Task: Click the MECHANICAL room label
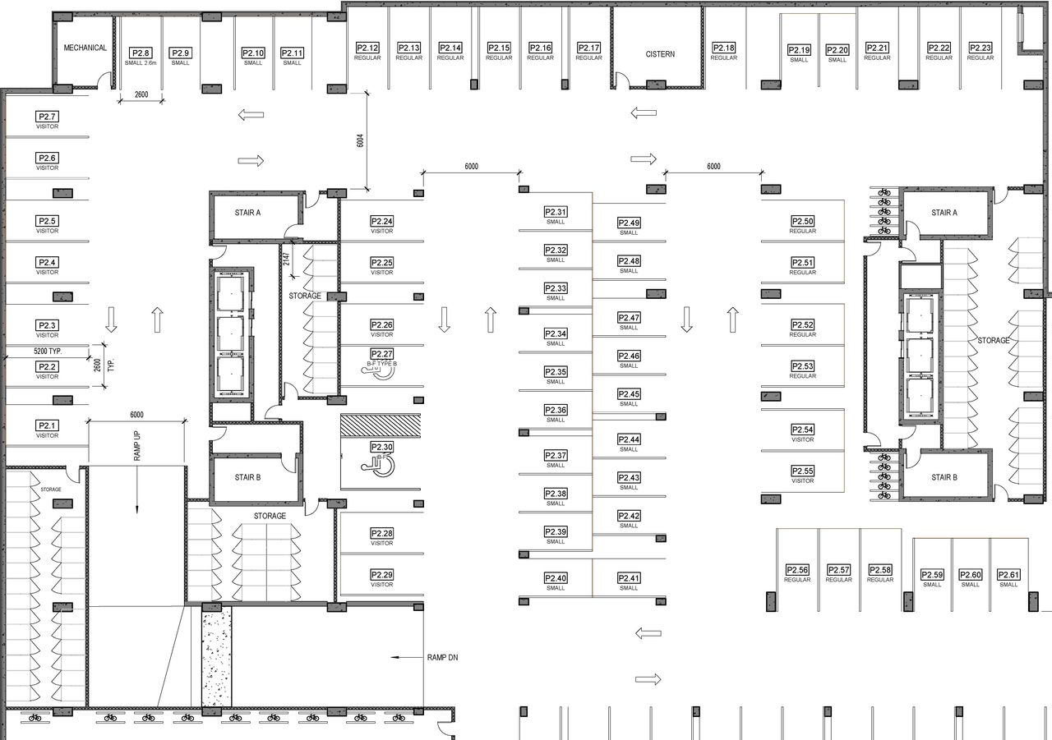85,48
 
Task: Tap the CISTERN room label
660,54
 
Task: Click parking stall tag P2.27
381,354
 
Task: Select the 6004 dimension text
360,140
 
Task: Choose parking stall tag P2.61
1008,575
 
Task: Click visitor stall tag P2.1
47,425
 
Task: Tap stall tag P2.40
556,578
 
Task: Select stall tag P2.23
980,48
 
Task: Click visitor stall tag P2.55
802,471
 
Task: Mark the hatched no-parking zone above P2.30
381,425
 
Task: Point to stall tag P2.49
629,223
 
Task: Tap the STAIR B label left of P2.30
247,477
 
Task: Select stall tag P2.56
797,570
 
